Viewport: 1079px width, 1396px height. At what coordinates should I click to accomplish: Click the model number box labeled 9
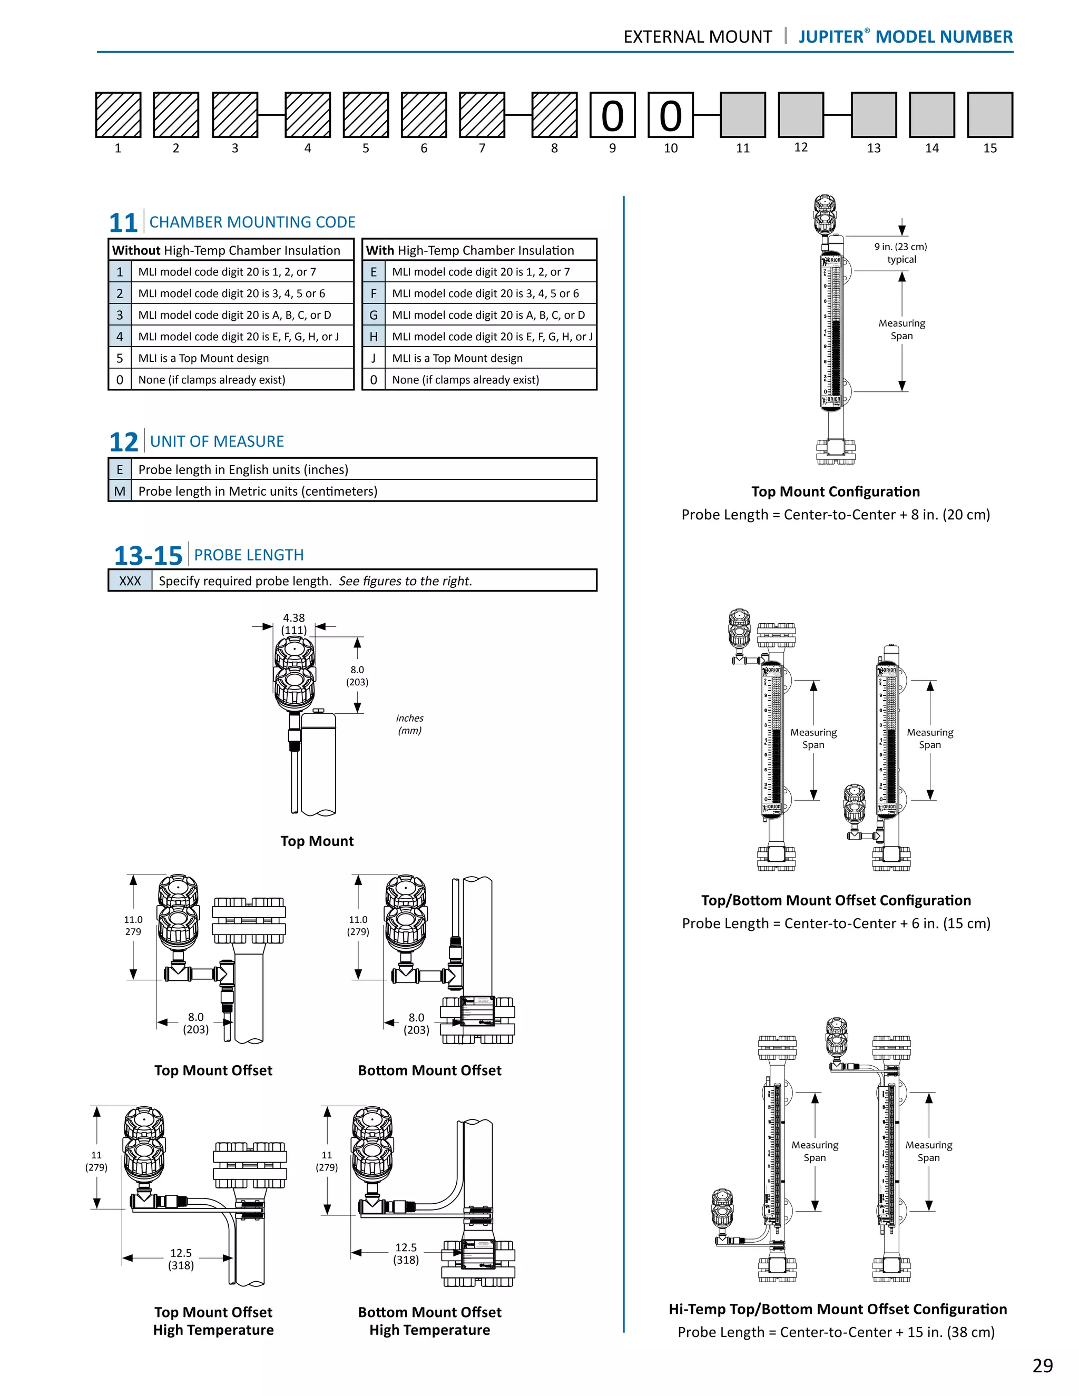tap(612, 115)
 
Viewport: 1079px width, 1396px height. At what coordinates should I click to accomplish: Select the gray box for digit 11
tap(742, 115)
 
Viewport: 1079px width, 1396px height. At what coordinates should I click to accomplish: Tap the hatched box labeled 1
tap(118, 115)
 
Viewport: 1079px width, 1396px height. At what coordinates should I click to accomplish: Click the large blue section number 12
tap(123, 441)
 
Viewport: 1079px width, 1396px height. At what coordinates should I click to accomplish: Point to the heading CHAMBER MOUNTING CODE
tap(252, 222)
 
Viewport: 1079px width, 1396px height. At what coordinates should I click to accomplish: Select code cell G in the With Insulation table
tap(374, 315)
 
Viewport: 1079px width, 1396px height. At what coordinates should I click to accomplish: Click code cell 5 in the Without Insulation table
tap(120, 358)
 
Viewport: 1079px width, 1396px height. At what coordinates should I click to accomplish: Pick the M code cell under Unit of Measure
tap(120, 491)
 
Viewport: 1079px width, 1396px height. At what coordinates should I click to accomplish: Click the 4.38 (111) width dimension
tap(294, 624)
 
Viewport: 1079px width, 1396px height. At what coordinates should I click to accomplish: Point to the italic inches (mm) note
tap(410, 724)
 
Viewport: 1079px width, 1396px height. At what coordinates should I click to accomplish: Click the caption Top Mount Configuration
tap(835, 491)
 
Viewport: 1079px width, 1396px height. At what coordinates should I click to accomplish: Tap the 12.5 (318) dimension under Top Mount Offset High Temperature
tap(181, 1259)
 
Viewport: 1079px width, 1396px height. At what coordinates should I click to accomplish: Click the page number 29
tap(1042, 1366)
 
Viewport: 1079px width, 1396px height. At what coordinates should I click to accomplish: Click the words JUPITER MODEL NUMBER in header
tap(905, 36)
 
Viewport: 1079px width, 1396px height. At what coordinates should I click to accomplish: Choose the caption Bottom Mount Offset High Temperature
tap(429, 1321)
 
